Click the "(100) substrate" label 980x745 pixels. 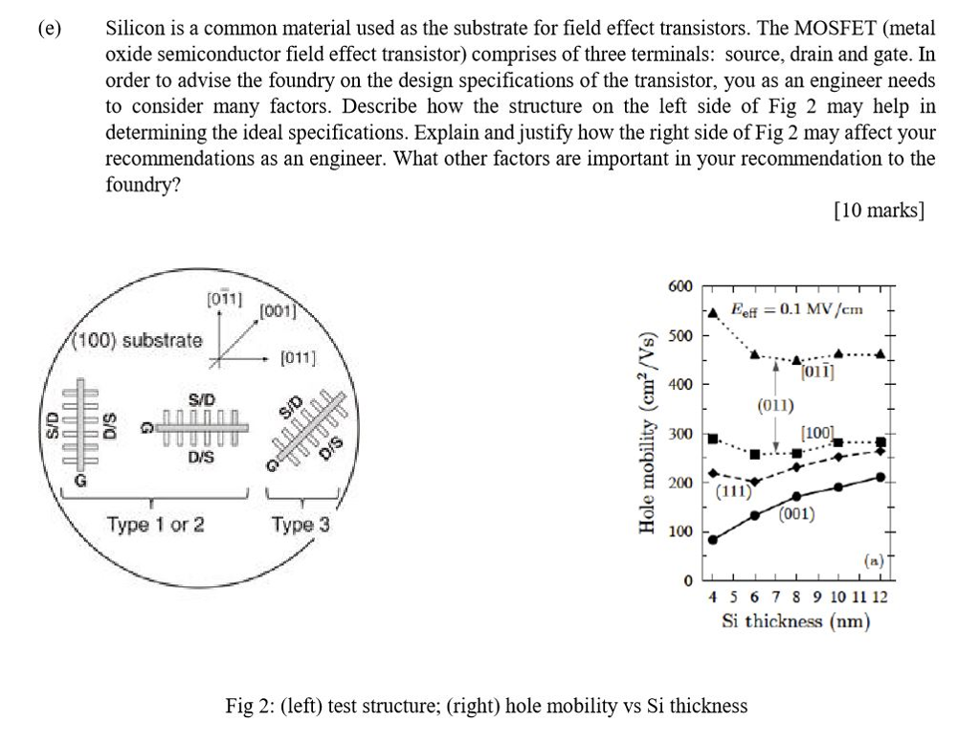tap(140, 340)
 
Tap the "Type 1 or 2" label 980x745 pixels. tap(155, 525)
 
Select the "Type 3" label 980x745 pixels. tap(301, 525)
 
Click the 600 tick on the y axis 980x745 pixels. tap(681, 286)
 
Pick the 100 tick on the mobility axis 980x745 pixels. tap(681, 531)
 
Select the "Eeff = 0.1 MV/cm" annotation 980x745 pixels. tap(796, 308)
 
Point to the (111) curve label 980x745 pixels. tap(733, 492)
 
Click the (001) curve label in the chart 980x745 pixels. tap(796, 514)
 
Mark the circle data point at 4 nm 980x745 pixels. tap(711, 540)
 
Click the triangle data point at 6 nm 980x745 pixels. tap(754, 354)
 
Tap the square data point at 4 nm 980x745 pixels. tap(711, 438)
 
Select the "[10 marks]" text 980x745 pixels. tap(879, 210)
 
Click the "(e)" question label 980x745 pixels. tap(50, 29)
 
